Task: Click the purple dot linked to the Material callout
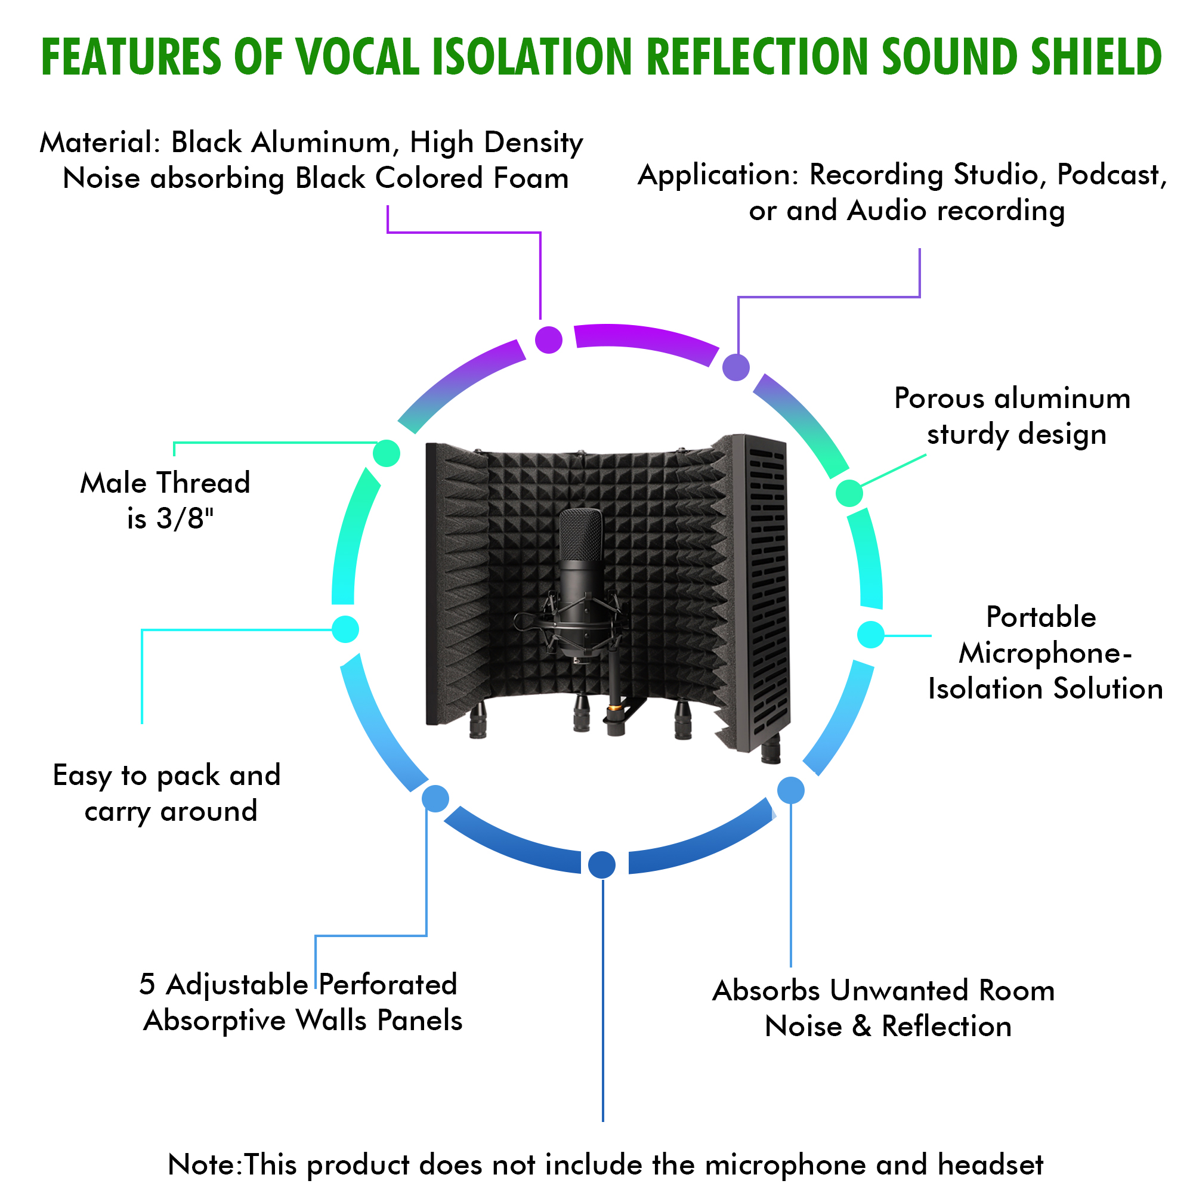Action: (x=548, y=339)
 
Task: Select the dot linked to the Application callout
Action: (x=736, y=367)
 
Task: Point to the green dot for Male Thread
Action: (x=387, y=454)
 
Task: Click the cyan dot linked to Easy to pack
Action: (x=345, y=629)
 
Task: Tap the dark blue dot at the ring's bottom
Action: (x=602, y=864)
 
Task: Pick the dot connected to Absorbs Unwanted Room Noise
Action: (x=791, y=790)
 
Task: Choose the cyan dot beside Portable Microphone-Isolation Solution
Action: (x=871, y=635)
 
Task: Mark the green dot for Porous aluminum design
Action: (x=849, y=493)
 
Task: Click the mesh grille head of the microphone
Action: (x=580, y=534)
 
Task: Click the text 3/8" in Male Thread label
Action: (x=185, y=519)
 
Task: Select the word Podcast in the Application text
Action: (x=1112, y=175)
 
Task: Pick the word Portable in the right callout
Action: (x=1041, y=617)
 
